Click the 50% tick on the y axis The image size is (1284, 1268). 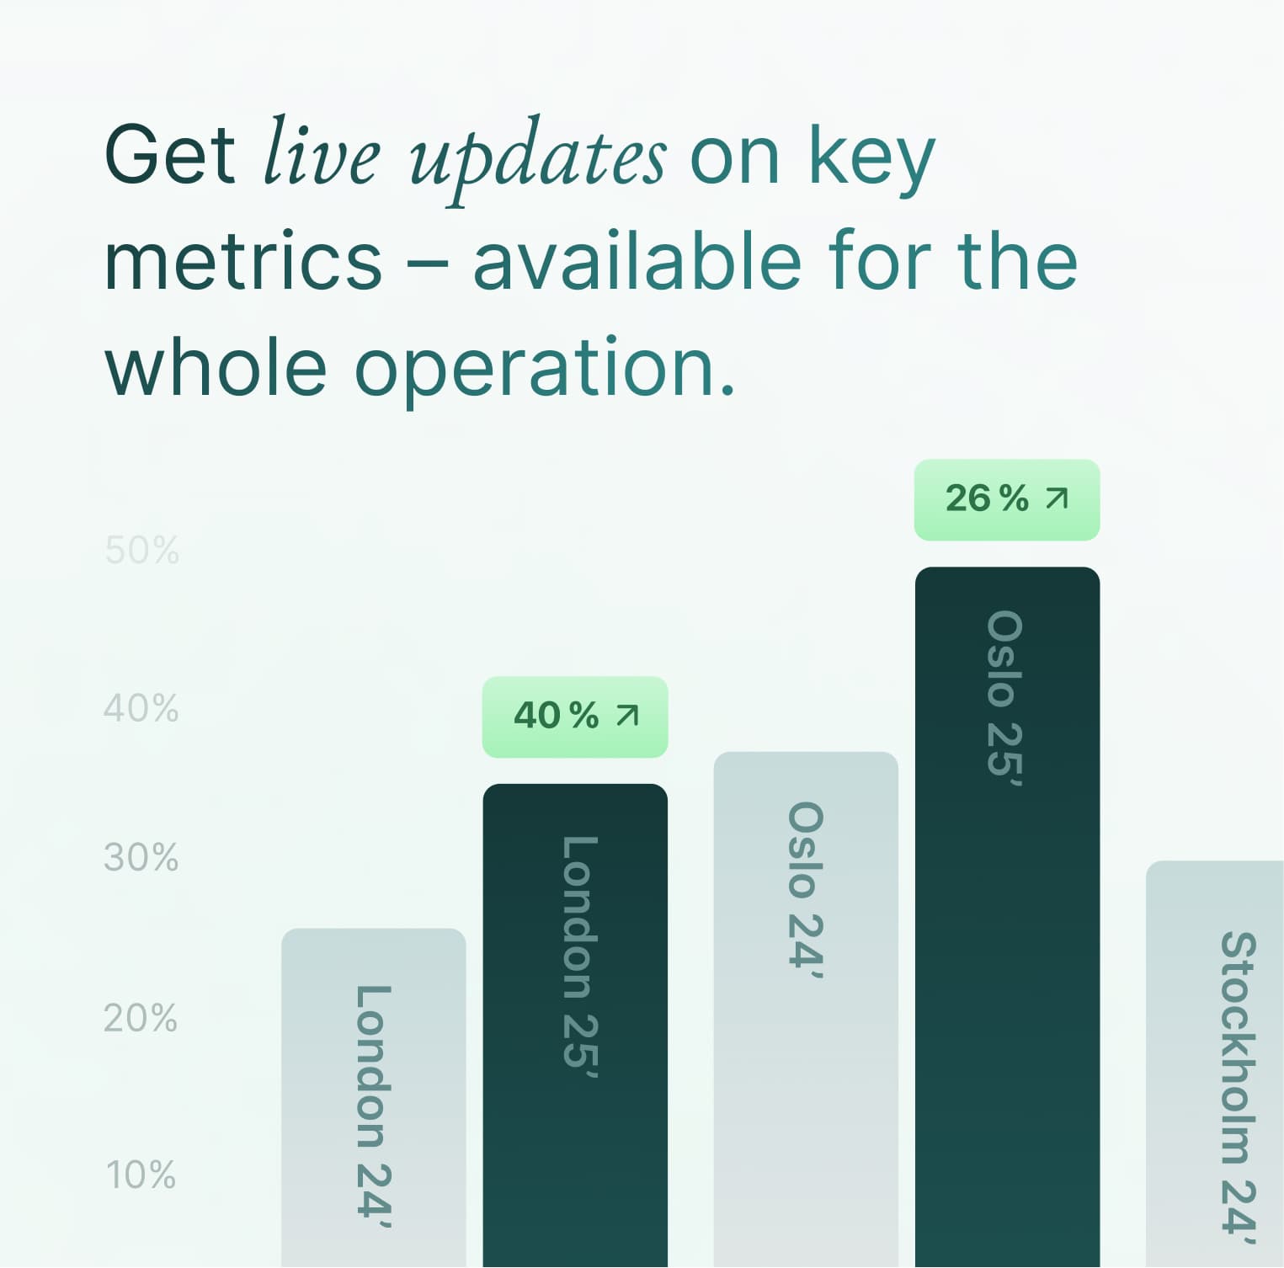click(142, 551)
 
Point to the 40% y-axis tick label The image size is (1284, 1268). click(141, 708)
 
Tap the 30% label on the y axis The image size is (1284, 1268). click(141, 857)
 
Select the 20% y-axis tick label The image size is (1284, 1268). click(141, 1017)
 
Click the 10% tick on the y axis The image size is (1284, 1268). click(141, 1175)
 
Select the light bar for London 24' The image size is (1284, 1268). click(373, 1098)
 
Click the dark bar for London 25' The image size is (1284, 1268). click(575, 1026)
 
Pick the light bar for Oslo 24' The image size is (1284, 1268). click(806, 1010)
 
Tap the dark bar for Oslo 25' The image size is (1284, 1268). click(1007, 917)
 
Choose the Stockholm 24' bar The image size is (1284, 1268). click(1215, 1064)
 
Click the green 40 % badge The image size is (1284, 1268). click(575, 717)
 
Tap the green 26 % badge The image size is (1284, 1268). click(1007, 499)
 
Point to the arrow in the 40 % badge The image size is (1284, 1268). click(627, 716)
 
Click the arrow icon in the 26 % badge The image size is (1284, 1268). click(1057, 498)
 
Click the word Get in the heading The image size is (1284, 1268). click(169, 154)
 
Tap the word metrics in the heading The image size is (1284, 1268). click(243, 262)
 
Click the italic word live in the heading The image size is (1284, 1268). click(322, 151)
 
